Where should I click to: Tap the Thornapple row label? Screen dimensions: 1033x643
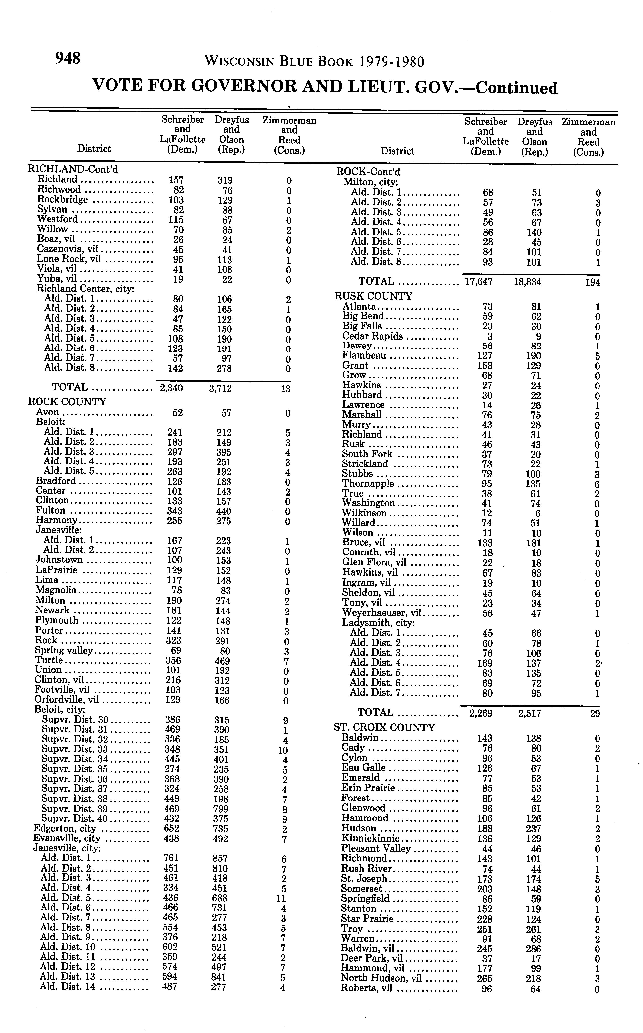[368, 484]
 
